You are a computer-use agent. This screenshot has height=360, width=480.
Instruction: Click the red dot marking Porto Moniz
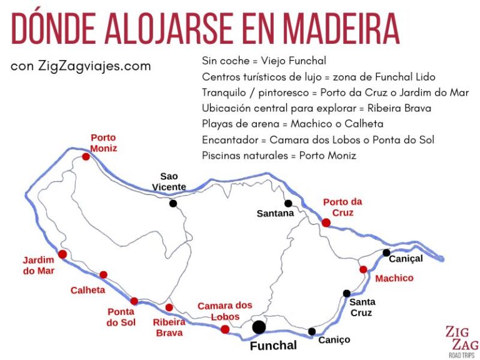click(86, 157)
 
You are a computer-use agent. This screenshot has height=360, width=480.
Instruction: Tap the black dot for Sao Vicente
click(172, 203)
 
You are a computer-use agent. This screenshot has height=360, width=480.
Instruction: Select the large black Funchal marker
click(259, 327)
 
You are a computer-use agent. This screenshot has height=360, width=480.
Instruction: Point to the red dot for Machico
click(363, 269)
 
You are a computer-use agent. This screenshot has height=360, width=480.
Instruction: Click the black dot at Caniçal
click(386, 252)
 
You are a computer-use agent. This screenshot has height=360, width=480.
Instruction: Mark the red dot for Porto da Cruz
click(326, 222)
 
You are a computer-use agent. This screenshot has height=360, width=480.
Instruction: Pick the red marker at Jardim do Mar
click(62, 254)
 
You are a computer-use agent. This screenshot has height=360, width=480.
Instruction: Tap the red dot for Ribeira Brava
click(169, 307)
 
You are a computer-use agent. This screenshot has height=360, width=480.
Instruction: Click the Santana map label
click(275, 214)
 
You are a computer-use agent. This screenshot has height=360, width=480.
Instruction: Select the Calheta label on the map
click(87, 290)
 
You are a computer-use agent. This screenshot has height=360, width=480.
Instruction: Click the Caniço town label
click(334, 340)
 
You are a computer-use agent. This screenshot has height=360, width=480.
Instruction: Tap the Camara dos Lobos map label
click(225, 311)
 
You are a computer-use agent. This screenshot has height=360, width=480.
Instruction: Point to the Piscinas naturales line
click(279, 156)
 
